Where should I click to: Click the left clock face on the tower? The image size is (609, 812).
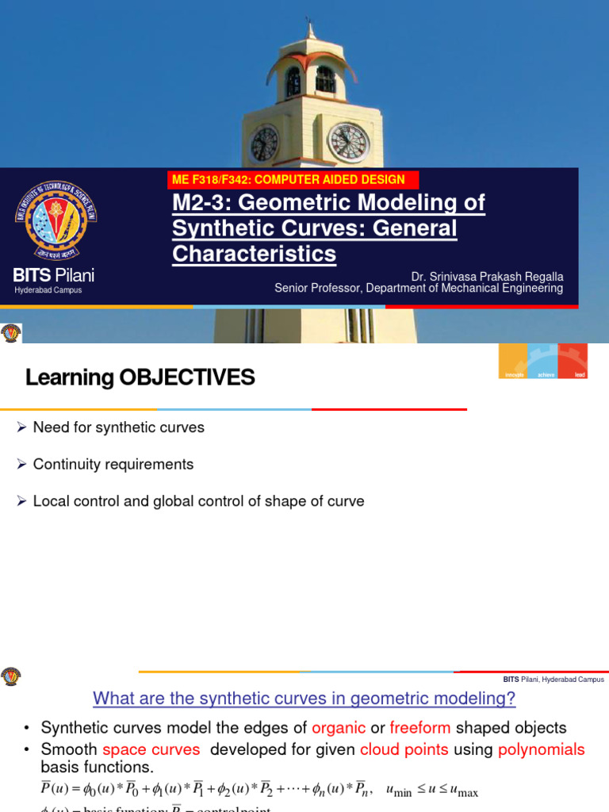[264, 144]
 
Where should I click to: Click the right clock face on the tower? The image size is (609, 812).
[349, 142]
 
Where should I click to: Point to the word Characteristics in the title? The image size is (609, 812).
[254, 255]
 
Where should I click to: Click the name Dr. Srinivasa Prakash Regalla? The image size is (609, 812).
[487, 276]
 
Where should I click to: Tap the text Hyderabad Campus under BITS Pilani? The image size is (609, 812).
[48, 290]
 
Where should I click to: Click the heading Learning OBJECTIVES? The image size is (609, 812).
[140, 377]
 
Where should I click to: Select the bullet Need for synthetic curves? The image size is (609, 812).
[118, 427]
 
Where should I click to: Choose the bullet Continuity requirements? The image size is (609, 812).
[113, 464]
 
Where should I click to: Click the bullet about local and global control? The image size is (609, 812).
[198, 501]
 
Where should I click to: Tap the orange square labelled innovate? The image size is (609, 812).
[513, 362]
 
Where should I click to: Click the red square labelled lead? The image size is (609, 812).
[573, 362]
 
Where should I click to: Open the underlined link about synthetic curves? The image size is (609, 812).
[304, 699]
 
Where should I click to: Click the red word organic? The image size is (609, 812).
[339, 728]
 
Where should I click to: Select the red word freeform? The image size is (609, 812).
[420, 728]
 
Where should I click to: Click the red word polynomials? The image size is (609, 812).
[541, 749]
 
